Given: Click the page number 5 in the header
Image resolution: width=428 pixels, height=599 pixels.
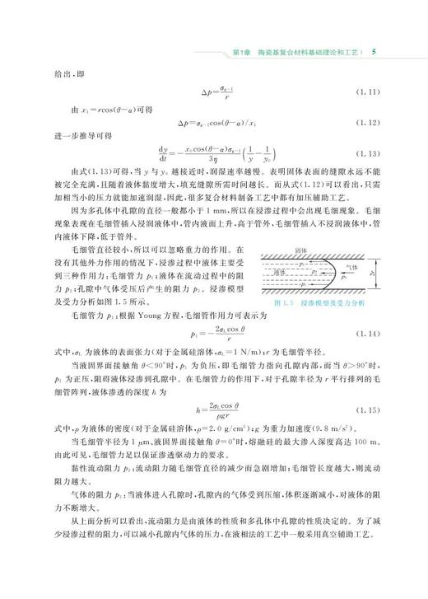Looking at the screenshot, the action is point(374,52).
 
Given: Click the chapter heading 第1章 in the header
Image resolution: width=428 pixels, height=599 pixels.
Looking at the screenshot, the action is point(242,52).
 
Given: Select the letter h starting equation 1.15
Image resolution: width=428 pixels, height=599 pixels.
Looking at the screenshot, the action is point(177,433).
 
